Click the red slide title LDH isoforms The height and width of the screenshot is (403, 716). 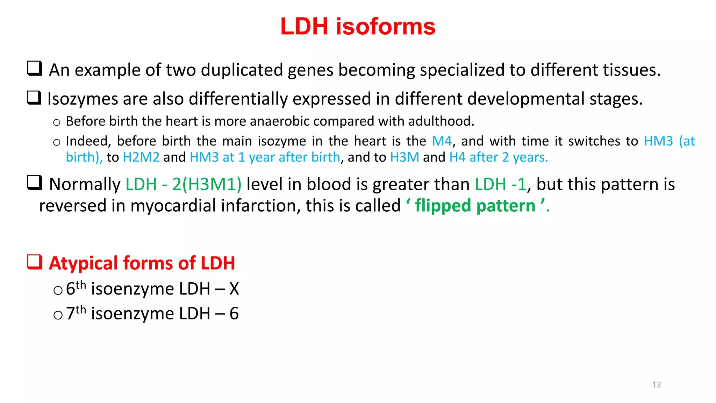click(x=358, y=27)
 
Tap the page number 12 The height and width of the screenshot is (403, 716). click(x=657, y=384)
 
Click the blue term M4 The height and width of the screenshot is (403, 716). click(x=442, y=141)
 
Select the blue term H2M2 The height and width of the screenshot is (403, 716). click(x=141, y=157)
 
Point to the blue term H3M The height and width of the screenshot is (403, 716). click(x=404, y=157)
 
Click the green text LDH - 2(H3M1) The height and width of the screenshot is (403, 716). click(x=184, y=184)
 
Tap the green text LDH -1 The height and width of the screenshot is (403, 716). click(x=500, y=184)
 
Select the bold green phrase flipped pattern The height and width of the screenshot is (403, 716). click(x=475, y=206)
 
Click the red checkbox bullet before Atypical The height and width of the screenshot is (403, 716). click(x=35, y=262)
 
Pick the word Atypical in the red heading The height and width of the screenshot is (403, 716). click(x=84, y=263)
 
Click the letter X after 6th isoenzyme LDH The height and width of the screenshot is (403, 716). click(x=234, y=289)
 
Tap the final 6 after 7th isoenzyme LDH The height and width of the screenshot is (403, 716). click(x=234, y=313)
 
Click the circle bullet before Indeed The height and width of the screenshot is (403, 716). click(x=57, y=142)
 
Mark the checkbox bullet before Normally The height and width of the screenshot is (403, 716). click(x=35, y=183)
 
